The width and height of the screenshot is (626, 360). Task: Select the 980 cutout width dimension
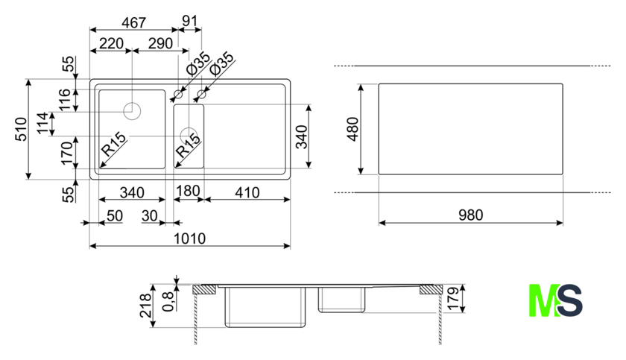click(x=471, y=215)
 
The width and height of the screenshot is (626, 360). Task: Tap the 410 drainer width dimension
click(x=246, y=192)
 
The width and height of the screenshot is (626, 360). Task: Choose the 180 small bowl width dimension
click(x=187, y=192)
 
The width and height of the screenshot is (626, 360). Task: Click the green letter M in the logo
click(x=542, y=301)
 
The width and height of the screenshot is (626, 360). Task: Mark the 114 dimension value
click(x=45, y=124)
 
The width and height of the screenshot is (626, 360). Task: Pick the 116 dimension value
click(x=65, y=99)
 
